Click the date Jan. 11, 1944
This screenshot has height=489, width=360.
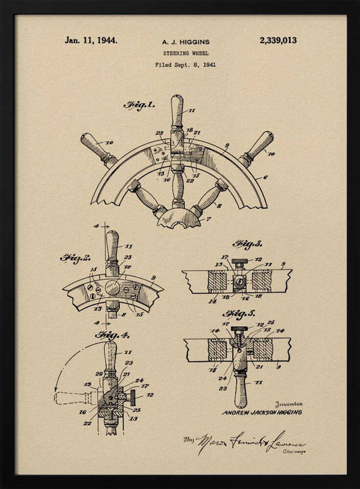(91, 41)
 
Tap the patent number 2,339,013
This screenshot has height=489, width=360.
(278, 41)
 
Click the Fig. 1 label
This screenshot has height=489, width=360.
(139, 105)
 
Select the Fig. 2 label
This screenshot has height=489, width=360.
(76, 258)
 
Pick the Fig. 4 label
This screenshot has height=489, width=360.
(112, 335)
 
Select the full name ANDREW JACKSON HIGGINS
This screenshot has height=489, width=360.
(261, 412)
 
